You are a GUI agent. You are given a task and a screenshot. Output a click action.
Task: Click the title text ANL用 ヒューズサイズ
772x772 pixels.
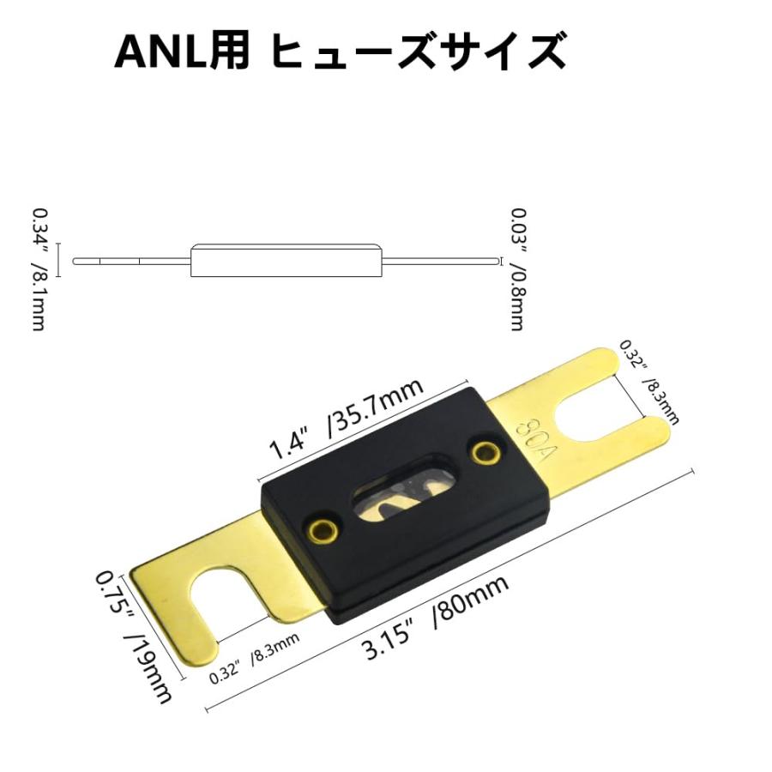click(x=340, y=51)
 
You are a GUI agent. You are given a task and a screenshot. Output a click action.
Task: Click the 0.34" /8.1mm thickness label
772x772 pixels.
click(x=39, y=268)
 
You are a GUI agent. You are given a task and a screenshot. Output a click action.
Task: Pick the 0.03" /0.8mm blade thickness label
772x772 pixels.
click(x=517, y=268)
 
